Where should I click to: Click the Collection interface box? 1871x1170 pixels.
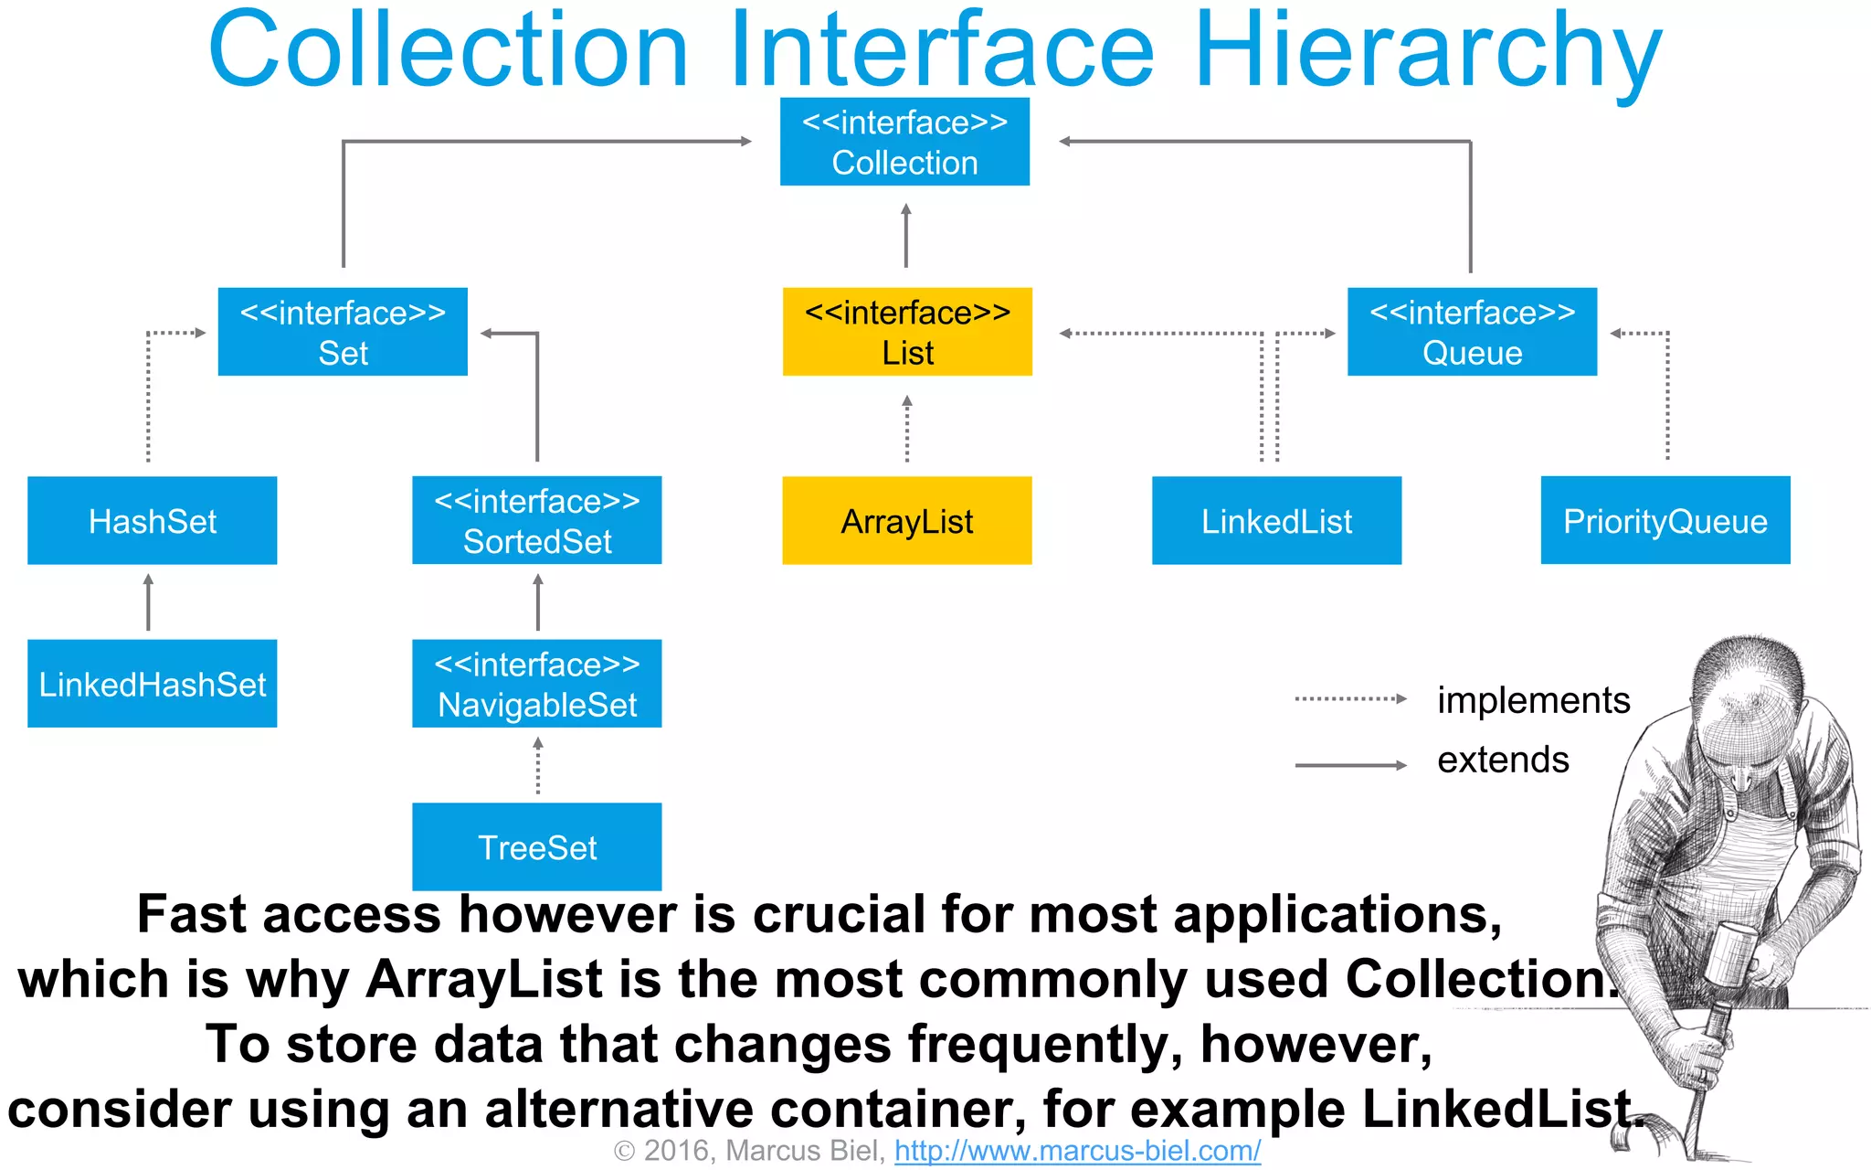904,142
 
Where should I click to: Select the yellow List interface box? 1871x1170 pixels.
907,332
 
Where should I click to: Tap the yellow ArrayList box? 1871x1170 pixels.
907,520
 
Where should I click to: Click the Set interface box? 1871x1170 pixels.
343,332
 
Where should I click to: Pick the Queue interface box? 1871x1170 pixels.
1472,332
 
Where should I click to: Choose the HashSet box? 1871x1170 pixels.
152,520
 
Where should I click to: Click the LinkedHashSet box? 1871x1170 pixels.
152,684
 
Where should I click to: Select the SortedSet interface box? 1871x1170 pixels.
536,520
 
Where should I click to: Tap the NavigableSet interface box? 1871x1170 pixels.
536,684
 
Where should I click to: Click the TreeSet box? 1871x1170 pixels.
536,846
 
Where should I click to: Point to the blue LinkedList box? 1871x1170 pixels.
1276,520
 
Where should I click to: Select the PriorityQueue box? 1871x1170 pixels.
1665,520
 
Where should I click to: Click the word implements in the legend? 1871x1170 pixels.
1533,700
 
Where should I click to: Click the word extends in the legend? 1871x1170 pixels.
1503,760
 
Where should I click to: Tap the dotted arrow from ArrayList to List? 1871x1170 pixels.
907,430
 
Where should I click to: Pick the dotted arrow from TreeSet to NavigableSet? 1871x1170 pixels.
538,766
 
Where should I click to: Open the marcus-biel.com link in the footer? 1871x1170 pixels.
1077,1151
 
